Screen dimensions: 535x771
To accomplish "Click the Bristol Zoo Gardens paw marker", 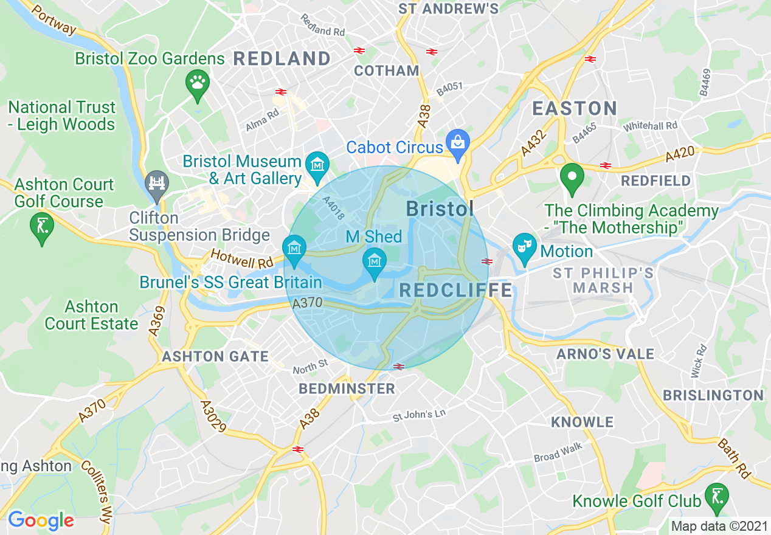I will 198,83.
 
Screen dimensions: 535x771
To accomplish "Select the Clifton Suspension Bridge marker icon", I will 156,183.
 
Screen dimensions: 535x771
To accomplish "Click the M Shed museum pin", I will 375,261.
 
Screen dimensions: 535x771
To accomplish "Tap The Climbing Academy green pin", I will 572,177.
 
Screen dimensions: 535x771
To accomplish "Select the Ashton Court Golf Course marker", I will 41,227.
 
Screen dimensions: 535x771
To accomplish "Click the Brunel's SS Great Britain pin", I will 294,249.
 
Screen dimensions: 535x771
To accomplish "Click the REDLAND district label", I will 282,59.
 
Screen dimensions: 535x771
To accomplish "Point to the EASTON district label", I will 575,109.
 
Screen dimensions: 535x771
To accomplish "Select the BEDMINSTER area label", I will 347,388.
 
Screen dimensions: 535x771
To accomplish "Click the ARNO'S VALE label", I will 606,354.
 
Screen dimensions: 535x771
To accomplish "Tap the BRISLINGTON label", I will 713,396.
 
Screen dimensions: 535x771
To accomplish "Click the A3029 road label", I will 213,416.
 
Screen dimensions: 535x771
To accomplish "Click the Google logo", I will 41,520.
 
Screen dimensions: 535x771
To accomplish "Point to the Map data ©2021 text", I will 719,526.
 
